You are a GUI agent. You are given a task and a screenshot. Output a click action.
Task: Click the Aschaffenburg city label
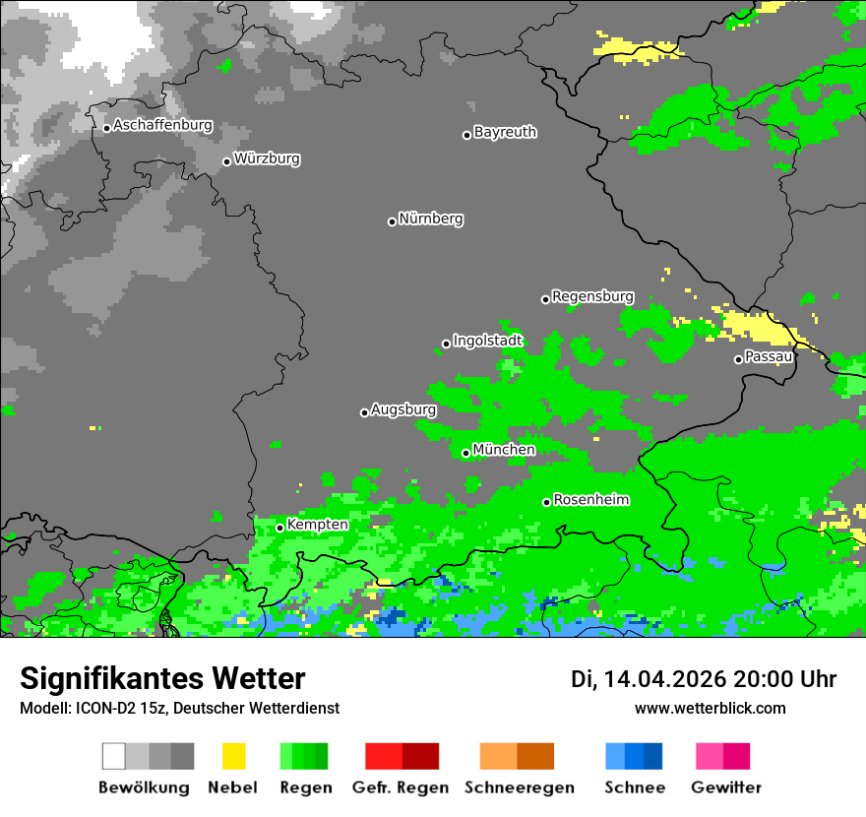(x=162, y=126)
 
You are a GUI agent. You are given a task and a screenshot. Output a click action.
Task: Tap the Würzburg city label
(x=267, y=158)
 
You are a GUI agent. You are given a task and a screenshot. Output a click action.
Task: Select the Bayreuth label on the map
(x=505, y=132)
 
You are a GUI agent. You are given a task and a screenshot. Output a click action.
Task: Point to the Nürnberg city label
(x=431, y=219)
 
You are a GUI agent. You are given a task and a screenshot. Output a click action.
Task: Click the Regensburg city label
(x=592, y=296)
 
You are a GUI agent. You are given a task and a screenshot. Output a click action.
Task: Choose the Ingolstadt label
(x=488, y=341)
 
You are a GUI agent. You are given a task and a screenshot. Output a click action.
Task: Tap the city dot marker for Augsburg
(x=364, y=412)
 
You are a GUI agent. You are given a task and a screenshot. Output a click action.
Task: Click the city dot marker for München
(x=465, y=453)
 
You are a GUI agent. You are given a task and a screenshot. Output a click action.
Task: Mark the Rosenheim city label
(x=590, y=500)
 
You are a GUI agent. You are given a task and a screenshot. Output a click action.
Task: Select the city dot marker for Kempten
(x=279, y=528)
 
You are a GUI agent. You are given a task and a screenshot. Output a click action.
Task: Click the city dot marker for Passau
(x=738, y=359)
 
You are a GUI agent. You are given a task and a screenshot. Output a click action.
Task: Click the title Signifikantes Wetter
(x=162, y=679)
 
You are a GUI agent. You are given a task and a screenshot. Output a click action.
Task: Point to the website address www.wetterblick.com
(x=710, y=708)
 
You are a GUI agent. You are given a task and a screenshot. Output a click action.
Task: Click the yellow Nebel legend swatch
(x=233, y=756)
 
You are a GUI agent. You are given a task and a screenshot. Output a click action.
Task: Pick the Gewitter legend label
(x=726, y=787)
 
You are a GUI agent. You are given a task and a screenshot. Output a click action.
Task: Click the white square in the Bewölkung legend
(x=113, y=756)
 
